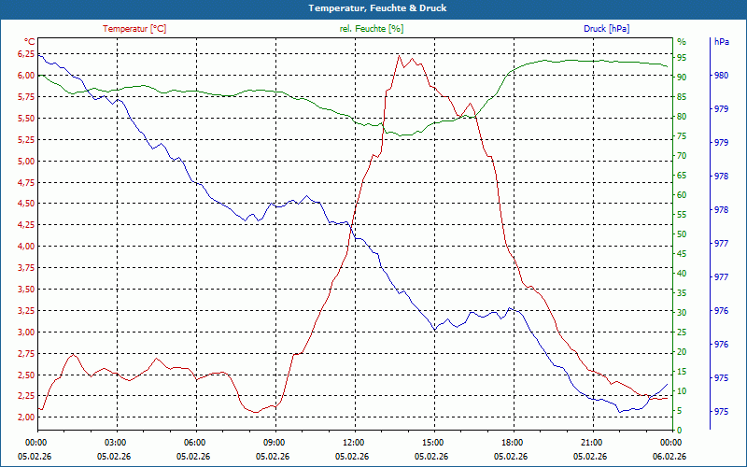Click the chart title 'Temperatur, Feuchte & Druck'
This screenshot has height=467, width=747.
373,7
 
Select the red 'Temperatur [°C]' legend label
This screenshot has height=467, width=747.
134,29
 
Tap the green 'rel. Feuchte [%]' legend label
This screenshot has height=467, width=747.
372,29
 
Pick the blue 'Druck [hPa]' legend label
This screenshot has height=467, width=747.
606,29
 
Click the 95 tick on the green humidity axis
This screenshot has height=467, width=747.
682,58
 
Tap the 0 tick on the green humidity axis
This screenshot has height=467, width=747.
679,431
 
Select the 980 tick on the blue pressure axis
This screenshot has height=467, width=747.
721,76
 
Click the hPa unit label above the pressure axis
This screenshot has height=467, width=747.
721,42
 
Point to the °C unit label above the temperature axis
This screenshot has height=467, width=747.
30,42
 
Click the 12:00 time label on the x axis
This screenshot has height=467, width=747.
354,442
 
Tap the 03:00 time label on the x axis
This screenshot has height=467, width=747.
116,442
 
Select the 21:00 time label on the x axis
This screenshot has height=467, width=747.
592,442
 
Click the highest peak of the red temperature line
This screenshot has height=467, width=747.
399,55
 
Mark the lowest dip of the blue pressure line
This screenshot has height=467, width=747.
619,412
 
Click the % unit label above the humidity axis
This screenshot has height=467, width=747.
681,42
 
